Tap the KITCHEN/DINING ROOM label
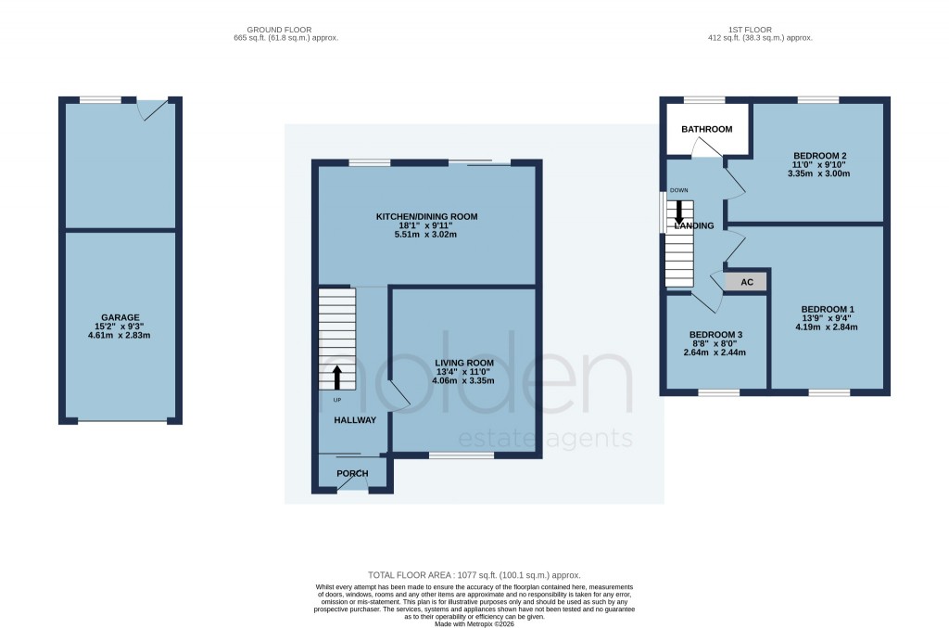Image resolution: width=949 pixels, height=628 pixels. [x=426, y=217]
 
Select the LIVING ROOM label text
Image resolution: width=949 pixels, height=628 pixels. [x=464, y=363]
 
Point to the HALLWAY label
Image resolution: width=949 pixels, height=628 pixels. [x=355, y=420]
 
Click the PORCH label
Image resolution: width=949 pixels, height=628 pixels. [x=352, y=474]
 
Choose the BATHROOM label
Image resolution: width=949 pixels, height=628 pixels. [x=707, y=130]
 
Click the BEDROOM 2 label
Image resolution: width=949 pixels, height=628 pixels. [x=819, y=156]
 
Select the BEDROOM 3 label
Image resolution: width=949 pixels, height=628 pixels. [x=715, y=335]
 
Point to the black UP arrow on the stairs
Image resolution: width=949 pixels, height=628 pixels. [x=336, y=377]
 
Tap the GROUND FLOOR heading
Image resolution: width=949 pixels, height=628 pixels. [x=286, y=30]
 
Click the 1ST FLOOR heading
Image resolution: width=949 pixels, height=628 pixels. [x=759, y=30]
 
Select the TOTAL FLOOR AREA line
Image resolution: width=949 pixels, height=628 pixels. [x=474, y=576]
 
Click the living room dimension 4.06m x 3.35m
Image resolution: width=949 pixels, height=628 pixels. [x=464, y=380]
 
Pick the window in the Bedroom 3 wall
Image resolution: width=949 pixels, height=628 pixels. [x=718, y=393]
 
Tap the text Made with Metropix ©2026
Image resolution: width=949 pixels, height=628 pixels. [x=474, y=623]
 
